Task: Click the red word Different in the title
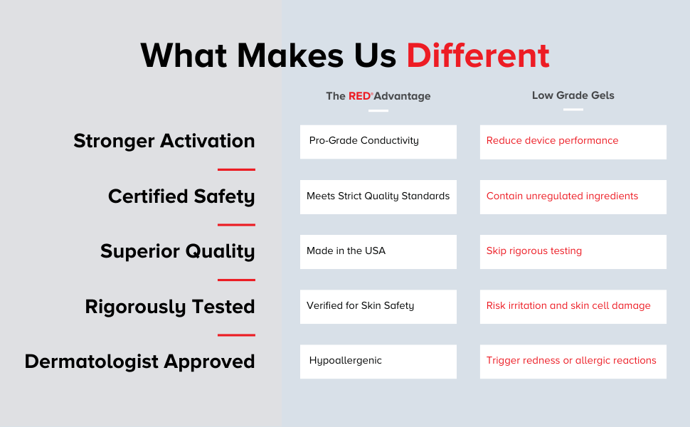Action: tap(478, 56)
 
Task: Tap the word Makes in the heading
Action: tap(290, 56)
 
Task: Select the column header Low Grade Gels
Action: tap(573, 95)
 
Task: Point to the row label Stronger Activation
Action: tap(164, 141)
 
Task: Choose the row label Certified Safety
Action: tap(181, 196)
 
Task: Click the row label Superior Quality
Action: tap(177, 251)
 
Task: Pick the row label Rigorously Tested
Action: tap(170, 307)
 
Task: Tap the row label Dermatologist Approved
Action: tap(139, 362)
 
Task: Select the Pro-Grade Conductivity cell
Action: tap(378, 142)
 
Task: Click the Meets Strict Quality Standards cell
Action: tap(378, 196)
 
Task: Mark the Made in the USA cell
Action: tap(378, 252)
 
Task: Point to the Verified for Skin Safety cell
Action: tap(378, 307)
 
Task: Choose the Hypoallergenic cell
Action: tap(378, 362)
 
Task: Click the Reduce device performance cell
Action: tap(573, 142)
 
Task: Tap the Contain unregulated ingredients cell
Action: tap(573, 196)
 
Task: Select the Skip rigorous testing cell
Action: tap(573, 252)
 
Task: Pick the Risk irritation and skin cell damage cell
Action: tap(573, 307)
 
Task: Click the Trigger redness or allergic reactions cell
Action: tap(573, 362)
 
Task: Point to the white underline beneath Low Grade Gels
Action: tap(573, 110)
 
